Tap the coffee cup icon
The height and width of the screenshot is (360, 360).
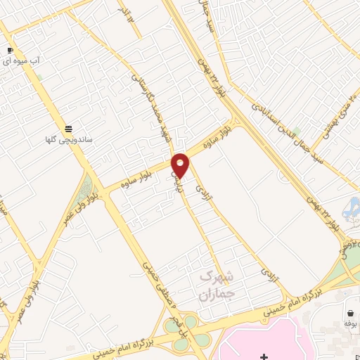(11, 51)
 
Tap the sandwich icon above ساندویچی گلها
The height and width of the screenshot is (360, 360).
(68, 129)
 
